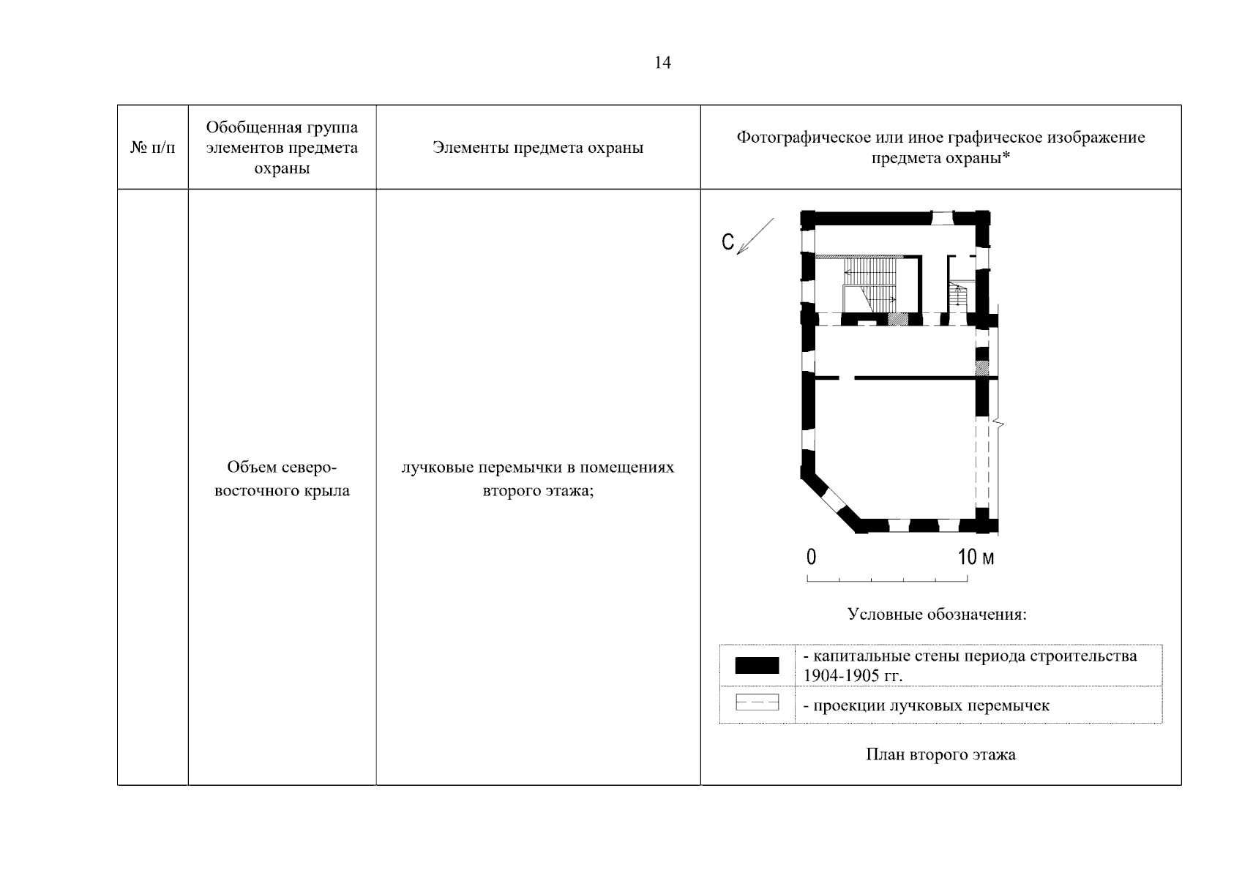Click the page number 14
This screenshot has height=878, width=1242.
[x=662, y=63]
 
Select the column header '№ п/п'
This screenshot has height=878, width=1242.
[x=152, y=148]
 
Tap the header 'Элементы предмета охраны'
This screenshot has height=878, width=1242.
[x=538, y=148]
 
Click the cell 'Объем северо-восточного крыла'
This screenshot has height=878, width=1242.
[x=282, y=479]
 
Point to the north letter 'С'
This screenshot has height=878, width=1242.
[x=728, y=241]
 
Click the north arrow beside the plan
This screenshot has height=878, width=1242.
[x=755, y=236]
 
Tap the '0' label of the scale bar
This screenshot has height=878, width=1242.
[x=811, y=557]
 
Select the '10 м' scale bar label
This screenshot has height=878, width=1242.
[x=976, y=557]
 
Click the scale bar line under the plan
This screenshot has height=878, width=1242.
[x=887, y=579]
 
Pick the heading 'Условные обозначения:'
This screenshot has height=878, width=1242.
[x=937, y=614]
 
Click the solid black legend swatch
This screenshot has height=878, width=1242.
[x=757, y=665]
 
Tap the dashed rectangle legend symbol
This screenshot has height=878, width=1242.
[x=757, y=702]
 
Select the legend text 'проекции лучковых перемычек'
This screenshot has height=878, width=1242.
[x=931, y=705]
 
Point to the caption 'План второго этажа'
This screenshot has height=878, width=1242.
[x=941, y=754]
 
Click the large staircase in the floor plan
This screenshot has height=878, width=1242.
[x=869, y=285]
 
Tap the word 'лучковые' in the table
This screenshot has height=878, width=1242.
[x=438, y=468]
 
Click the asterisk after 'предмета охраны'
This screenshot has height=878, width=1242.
[x=1006, y=156]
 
